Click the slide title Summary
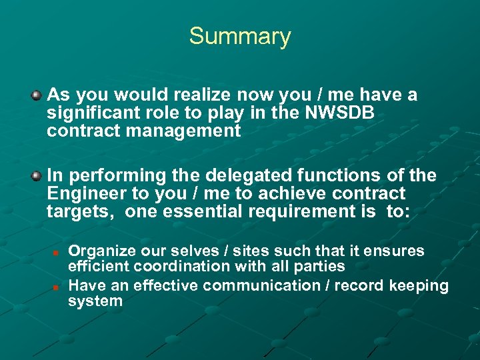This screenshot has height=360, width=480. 240,36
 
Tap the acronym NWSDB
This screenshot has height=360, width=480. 339,113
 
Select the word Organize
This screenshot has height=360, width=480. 103,251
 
